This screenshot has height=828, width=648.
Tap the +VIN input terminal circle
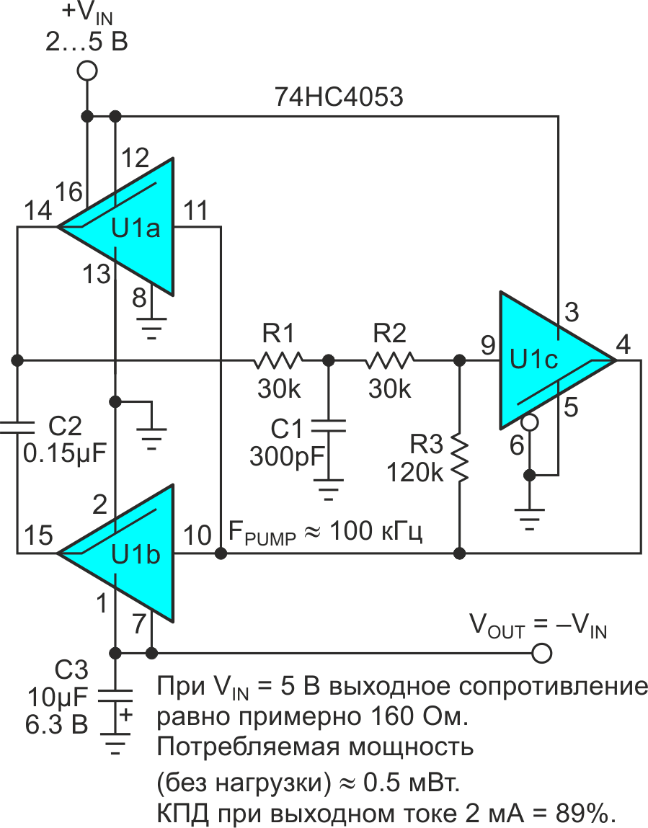tap(87, 71)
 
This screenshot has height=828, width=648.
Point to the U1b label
tap(135, 556)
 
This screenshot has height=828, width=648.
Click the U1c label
tap(534, 358)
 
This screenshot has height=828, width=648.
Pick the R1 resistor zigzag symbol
tap(278, 359)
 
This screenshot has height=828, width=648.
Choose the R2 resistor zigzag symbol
tap(390, 359)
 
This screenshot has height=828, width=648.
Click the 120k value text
tap(415, 472)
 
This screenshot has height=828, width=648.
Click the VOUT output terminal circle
tap(541, 653)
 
